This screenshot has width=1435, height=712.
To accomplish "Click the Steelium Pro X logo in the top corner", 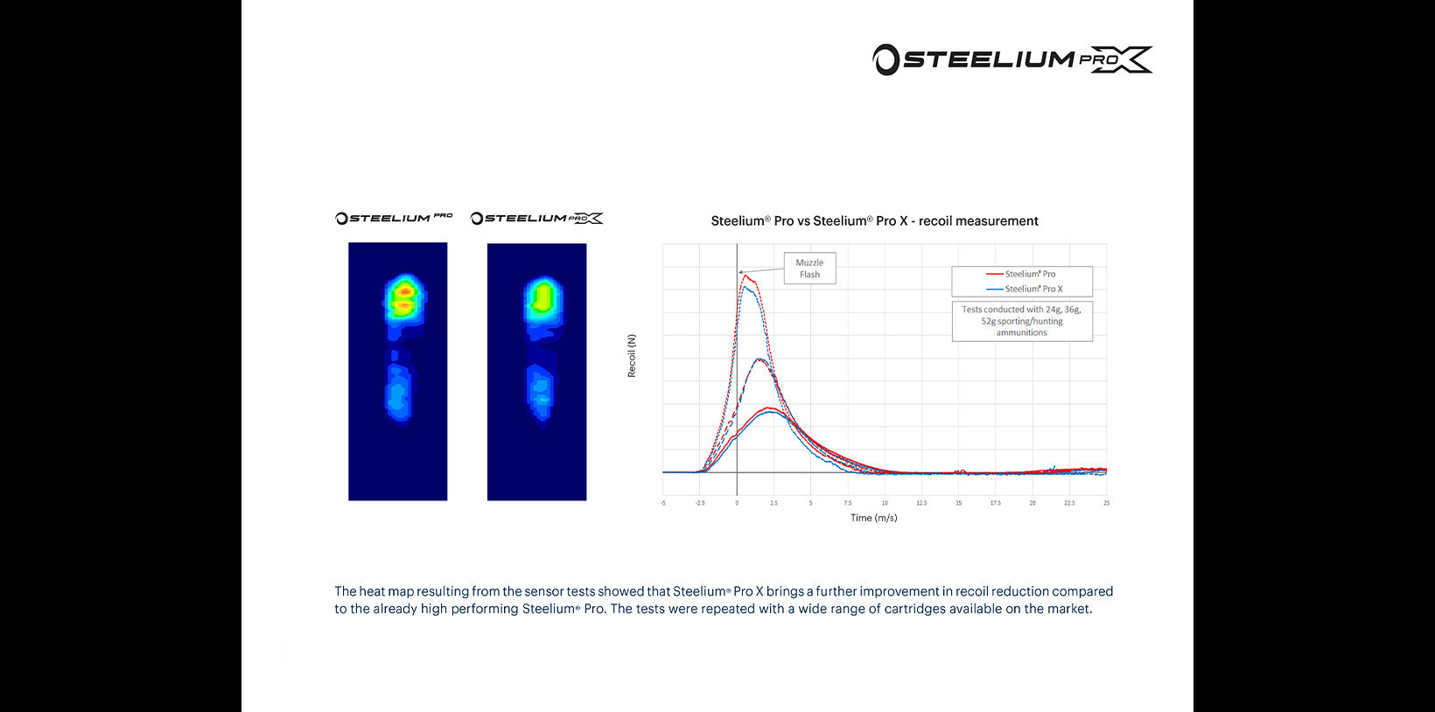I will (x=1012, y=59).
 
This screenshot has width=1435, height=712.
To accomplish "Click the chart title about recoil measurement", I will (x=874, y=221).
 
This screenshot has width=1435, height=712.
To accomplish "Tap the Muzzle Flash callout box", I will (x=809, y=269).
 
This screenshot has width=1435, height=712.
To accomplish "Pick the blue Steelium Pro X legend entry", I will (x=1024, y=289).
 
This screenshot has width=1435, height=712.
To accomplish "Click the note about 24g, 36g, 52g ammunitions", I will (x=1021, y=321).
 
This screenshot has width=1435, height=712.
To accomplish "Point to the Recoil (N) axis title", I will (x=632, y=356).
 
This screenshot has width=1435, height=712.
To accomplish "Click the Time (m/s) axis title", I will (x=873, y=518).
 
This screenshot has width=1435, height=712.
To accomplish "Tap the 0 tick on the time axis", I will (x=737, y=503).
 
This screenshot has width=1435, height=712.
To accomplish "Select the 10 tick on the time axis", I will (x=885, y=503).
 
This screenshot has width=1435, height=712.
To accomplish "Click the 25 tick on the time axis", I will (x=1106, y=503).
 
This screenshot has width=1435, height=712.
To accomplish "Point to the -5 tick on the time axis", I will (x=663, y=503).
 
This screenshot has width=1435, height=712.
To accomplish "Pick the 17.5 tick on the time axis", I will (x=995, y=503).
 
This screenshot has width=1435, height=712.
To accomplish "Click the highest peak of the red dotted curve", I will (x=745, y=276).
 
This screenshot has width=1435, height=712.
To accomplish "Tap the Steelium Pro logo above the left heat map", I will (x=394, y=218).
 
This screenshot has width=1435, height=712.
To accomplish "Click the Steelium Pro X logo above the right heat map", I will (x=536, y=218).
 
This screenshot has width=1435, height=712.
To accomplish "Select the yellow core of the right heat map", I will (x=542, y=297).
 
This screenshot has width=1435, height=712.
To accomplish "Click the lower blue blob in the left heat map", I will (x=398, y=392).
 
